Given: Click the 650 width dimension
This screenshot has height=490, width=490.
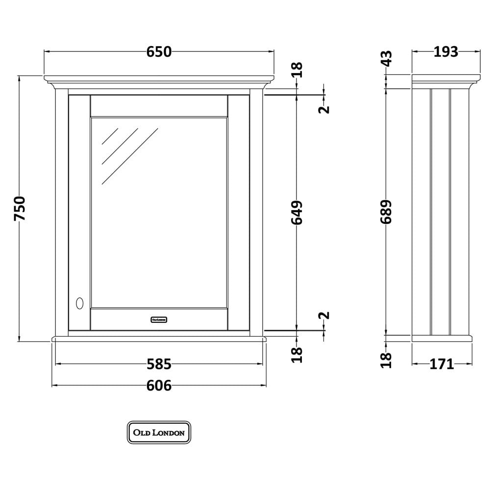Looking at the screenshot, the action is pyautogui.click(x=159, y=52).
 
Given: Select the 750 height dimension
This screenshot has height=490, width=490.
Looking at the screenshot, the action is pyautogui.click(x=20, y=208).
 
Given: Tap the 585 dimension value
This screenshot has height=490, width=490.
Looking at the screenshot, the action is pyautogui.click(x=159, y=364).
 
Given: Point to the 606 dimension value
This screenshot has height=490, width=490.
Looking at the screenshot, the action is pyautogui.click(x=159, y=386).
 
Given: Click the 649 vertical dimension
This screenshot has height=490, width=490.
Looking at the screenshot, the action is pyautogui.click(x=297, y=213).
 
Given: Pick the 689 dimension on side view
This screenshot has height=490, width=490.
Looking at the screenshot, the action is pyautogui.click(x=386, y=212).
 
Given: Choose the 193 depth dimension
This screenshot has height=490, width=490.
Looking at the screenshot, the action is pyautogui.click(x=446, y=52).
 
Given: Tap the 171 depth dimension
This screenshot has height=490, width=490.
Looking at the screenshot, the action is pyautogui.click(x=441, y=364).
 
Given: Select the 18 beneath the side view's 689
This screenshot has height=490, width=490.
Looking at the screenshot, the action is pyautogui.click(x=386, y=360).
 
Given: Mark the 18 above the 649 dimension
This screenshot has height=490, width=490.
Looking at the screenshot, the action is pyautogui.click(x=297, y=70).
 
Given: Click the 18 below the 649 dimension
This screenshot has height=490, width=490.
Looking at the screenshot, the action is pyautogui.click(x=297, y=355).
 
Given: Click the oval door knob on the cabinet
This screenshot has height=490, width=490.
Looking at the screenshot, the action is pyautogui.click(x=80, y=303).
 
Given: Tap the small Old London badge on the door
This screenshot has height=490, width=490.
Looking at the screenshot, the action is pyautogui.click(x=159, y=319).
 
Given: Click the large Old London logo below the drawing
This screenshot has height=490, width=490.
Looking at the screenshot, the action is pyautogui.click(x=159, y=433).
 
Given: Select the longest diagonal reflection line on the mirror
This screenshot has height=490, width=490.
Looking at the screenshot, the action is pyautogui.click(x=130, y=156).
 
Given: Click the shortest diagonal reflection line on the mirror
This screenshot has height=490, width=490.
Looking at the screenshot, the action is pyautogui.click(x=110, y=136).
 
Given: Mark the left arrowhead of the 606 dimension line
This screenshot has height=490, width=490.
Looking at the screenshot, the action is pyautogui.click(x=54, y=386).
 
